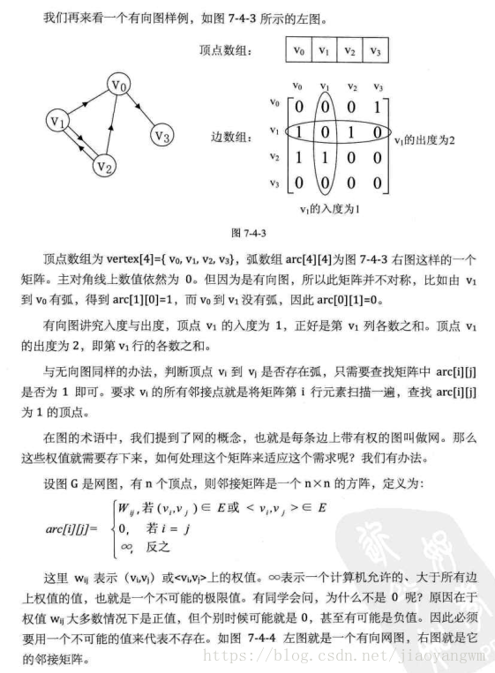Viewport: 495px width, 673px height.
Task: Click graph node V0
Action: click(x=120, y=86)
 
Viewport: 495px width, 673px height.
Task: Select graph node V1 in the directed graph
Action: click(x=58, y=119)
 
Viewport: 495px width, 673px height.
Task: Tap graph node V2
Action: click(x=105, y=164)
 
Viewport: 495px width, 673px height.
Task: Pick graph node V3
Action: click(x=161, y=136)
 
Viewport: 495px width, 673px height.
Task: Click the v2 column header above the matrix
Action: click(x=352, y=86)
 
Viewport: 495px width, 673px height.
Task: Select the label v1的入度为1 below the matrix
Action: click(x=332, y=210)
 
